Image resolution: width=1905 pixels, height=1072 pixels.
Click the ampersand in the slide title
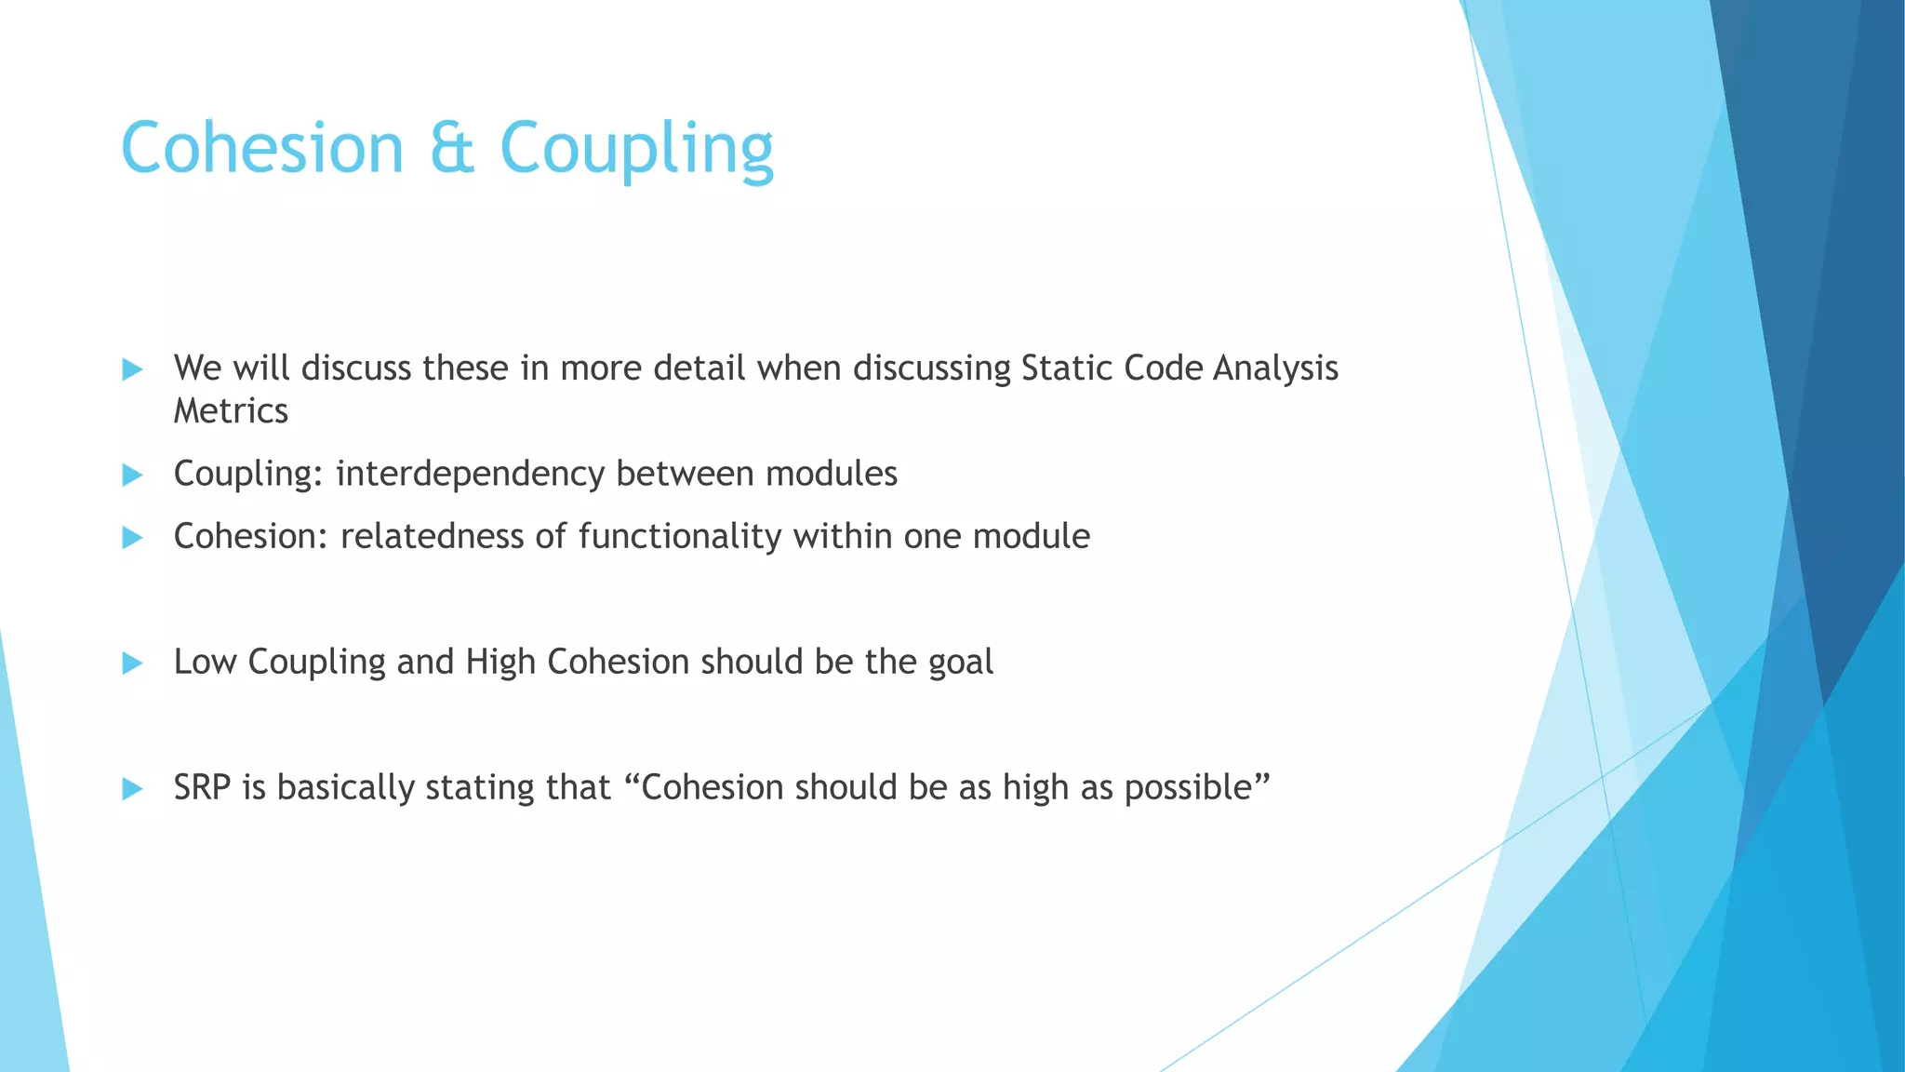(452, 149)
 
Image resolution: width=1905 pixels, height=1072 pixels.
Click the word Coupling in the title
(636, 149)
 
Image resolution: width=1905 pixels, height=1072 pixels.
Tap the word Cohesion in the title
(262, 149)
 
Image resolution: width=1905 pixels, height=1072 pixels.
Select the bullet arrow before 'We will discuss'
(132, 369)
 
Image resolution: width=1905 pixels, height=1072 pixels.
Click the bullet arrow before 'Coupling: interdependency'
(132, 475)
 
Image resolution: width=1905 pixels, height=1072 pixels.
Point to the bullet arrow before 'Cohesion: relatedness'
(132, 537)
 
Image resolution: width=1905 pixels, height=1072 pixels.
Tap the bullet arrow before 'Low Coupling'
(132, 663)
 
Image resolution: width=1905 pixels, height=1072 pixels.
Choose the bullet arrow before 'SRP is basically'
(132, 788)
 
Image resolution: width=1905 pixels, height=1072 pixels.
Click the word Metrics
(231, 411)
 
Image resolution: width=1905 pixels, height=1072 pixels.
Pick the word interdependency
(470, 475)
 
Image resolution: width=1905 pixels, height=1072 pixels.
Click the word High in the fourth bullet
(500, 663)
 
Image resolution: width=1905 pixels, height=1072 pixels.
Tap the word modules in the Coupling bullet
(831, 475)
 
